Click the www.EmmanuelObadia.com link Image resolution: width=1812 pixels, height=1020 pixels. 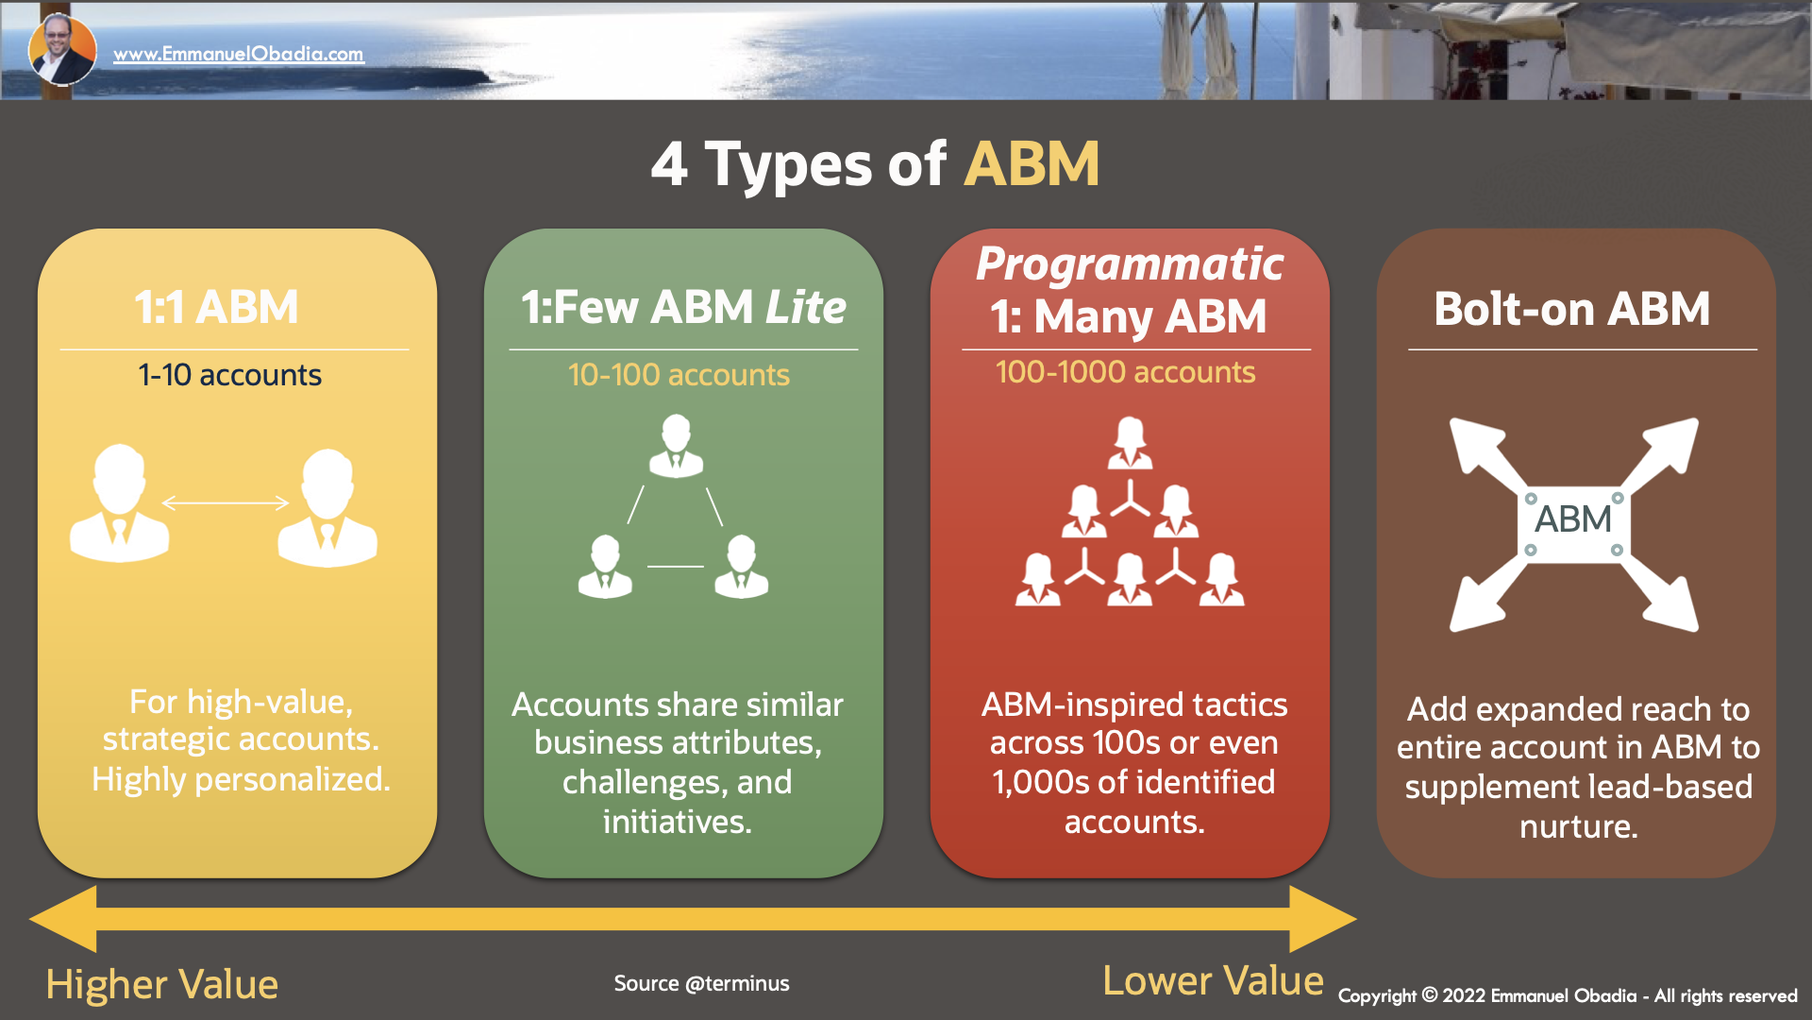point(238,55)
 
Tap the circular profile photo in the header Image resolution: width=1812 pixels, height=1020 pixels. point(62,50)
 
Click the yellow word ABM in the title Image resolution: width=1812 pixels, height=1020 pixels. point(1032,164)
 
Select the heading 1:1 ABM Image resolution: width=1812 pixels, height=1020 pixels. point(216,308)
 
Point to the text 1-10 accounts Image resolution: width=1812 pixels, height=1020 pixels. point(229,375)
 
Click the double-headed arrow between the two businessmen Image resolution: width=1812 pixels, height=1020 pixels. point(226,502)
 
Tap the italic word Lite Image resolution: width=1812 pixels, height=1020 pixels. point(806,308)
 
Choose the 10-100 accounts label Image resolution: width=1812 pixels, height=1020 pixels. point(679,375)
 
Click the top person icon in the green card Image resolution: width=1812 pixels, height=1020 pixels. point(676,446)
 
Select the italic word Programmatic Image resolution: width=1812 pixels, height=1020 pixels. point(1130,263)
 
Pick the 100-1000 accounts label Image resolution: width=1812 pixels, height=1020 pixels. point(1125,372)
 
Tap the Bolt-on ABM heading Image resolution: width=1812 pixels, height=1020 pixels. point(1571,309)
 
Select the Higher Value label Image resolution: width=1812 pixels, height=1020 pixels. point(162,984)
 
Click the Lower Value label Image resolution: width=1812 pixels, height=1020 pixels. point(1213,981)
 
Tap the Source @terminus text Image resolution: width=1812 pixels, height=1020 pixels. point(701,983)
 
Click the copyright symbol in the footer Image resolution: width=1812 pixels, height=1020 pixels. point(1429,995)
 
